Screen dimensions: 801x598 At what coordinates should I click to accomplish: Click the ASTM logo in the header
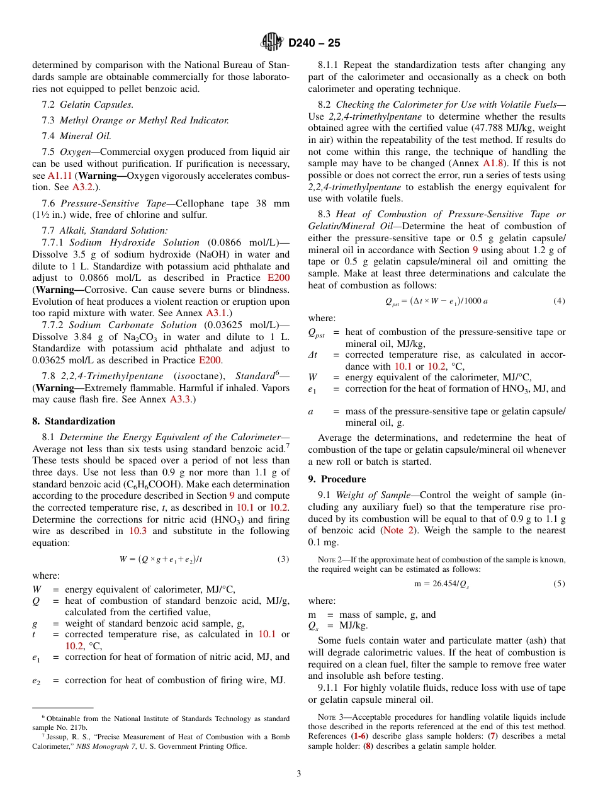pyautogui.click(x=273, y=43)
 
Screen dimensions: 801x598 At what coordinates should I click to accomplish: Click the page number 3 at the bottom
pyautogui.click(x=299, y=773)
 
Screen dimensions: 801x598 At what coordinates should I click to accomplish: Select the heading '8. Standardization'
pyautogui.click(x=74, y=421)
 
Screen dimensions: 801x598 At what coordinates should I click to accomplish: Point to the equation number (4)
pyautogui.click(x=559, y=302)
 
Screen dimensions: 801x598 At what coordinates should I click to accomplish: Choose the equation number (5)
pyautogui.click(x=559, y=584)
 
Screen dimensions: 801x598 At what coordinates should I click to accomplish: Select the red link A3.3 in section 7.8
pyautogui.click(x=181, y=399)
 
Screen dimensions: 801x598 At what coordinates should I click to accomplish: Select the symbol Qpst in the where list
pyautogui.click(x=318, y=332)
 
